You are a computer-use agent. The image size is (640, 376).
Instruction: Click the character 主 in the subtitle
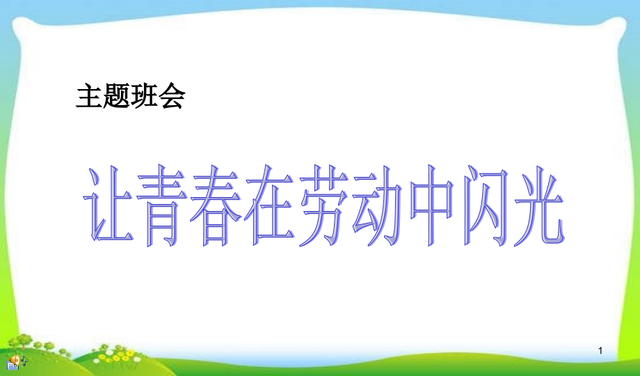[89, 97]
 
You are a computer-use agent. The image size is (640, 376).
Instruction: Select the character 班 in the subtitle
[144, 97]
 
